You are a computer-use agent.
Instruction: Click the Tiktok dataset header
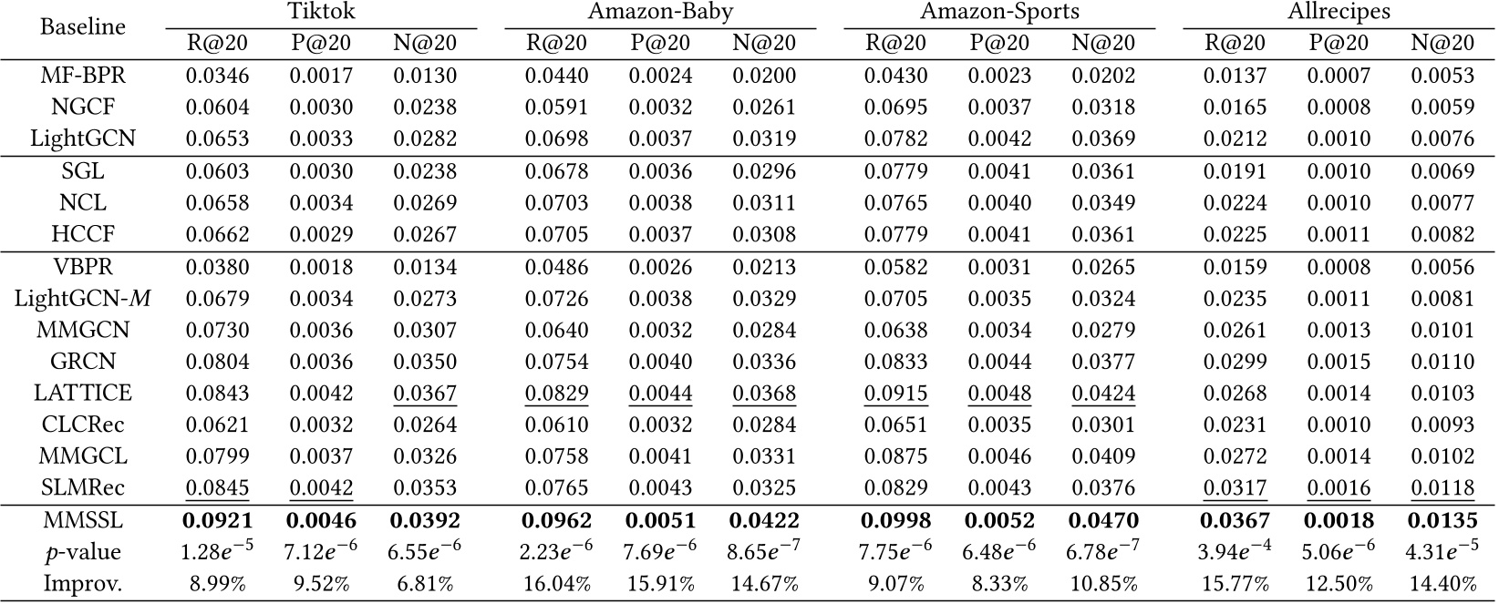(x=321, y=13)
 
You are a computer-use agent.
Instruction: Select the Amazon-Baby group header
(x=660, y=13)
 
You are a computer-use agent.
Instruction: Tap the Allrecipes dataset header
(x=1339, y=13)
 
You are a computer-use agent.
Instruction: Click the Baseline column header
(x=83, y=26)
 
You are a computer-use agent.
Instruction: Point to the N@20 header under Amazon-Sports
(x=1103, y=43)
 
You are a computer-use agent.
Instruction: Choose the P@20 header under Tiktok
(x=321, y=43)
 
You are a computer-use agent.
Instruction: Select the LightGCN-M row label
(x=83, y=298)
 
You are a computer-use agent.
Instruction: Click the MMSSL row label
(x=83, y=521)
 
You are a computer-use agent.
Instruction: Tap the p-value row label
(x=83, y=552)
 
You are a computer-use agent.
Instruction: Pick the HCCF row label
(x=83, y=234)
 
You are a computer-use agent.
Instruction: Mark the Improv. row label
(x=83, y=583)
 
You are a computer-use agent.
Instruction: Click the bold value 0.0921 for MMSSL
(x=217, y=521)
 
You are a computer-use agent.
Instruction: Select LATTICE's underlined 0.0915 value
(x=896, y=393)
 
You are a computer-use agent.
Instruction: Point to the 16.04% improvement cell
(x=556, y=583)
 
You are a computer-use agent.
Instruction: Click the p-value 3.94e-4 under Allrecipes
(x=1235, y=552)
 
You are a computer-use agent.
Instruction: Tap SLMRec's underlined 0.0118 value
(x=1442, y=488)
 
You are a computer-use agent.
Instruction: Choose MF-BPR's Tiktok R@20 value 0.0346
(x=217, y=76)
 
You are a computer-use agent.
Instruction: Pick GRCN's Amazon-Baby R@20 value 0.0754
(x=556, y=362)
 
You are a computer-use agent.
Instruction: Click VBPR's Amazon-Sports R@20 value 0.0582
(x=896, y=267)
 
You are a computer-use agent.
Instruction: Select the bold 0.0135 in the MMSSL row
(x=1442, y=521)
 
